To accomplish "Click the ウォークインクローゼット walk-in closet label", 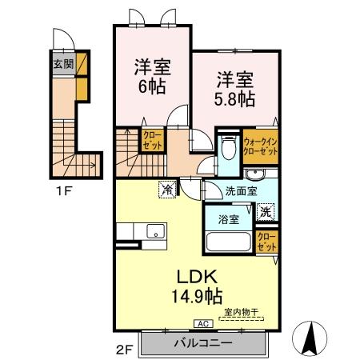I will click(260, 146).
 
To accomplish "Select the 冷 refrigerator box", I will click(167, 190).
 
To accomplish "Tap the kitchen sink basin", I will click(155, 233).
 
